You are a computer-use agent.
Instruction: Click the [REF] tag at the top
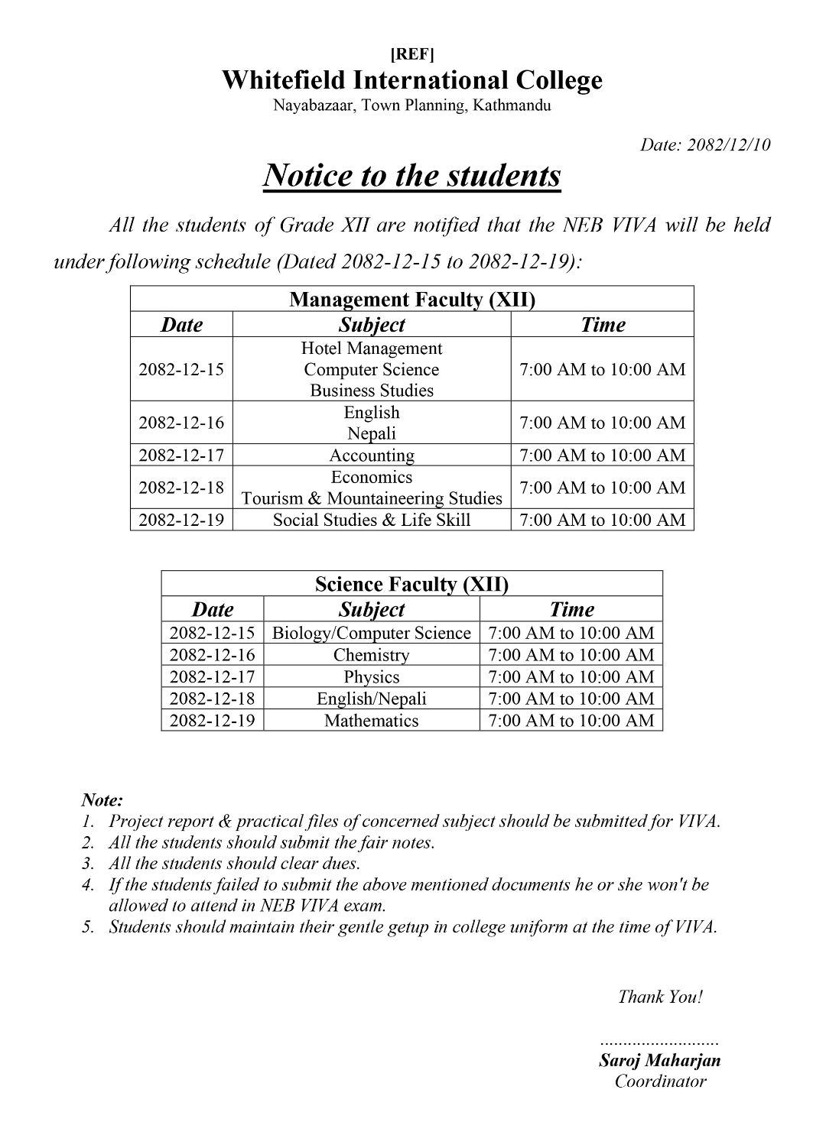[412, 54]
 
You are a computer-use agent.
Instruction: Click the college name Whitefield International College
[412, 80]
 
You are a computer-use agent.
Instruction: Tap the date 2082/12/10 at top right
[705, 144]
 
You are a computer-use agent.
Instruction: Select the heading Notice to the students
[412, 176]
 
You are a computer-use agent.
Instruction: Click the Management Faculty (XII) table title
[412, 299]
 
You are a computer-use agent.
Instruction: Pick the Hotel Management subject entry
[372, 349]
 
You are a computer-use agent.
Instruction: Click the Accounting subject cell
[372, 456]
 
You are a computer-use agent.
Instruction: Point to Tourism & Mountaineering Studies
[372, 498]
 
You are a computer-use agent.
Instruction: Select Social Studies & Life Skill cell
[372, 520]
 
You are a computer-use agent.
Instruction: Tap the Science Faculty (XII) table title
[411, 584]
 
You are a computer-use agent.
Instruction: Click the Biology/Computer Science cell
[372, 633]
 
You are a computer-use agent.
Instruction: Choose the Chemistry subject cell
[372, 655]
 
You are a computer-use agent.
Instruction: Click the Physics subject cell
[372, 676]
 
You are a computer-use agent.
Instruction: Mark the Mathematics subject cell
[372, 720]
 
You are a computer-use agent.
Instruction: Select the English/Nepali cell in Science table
[372, 699]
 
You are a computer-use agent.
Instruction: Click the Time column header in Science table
[571, 609]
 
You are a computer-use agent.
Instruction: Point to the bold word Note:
[102, 800]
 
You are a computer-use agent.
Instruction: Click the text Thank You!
[660, 997]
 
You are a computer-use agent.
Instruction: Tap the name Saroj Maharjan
[660, 1060]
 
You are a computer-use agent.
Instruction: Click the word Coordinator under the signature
[660, 1081]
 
